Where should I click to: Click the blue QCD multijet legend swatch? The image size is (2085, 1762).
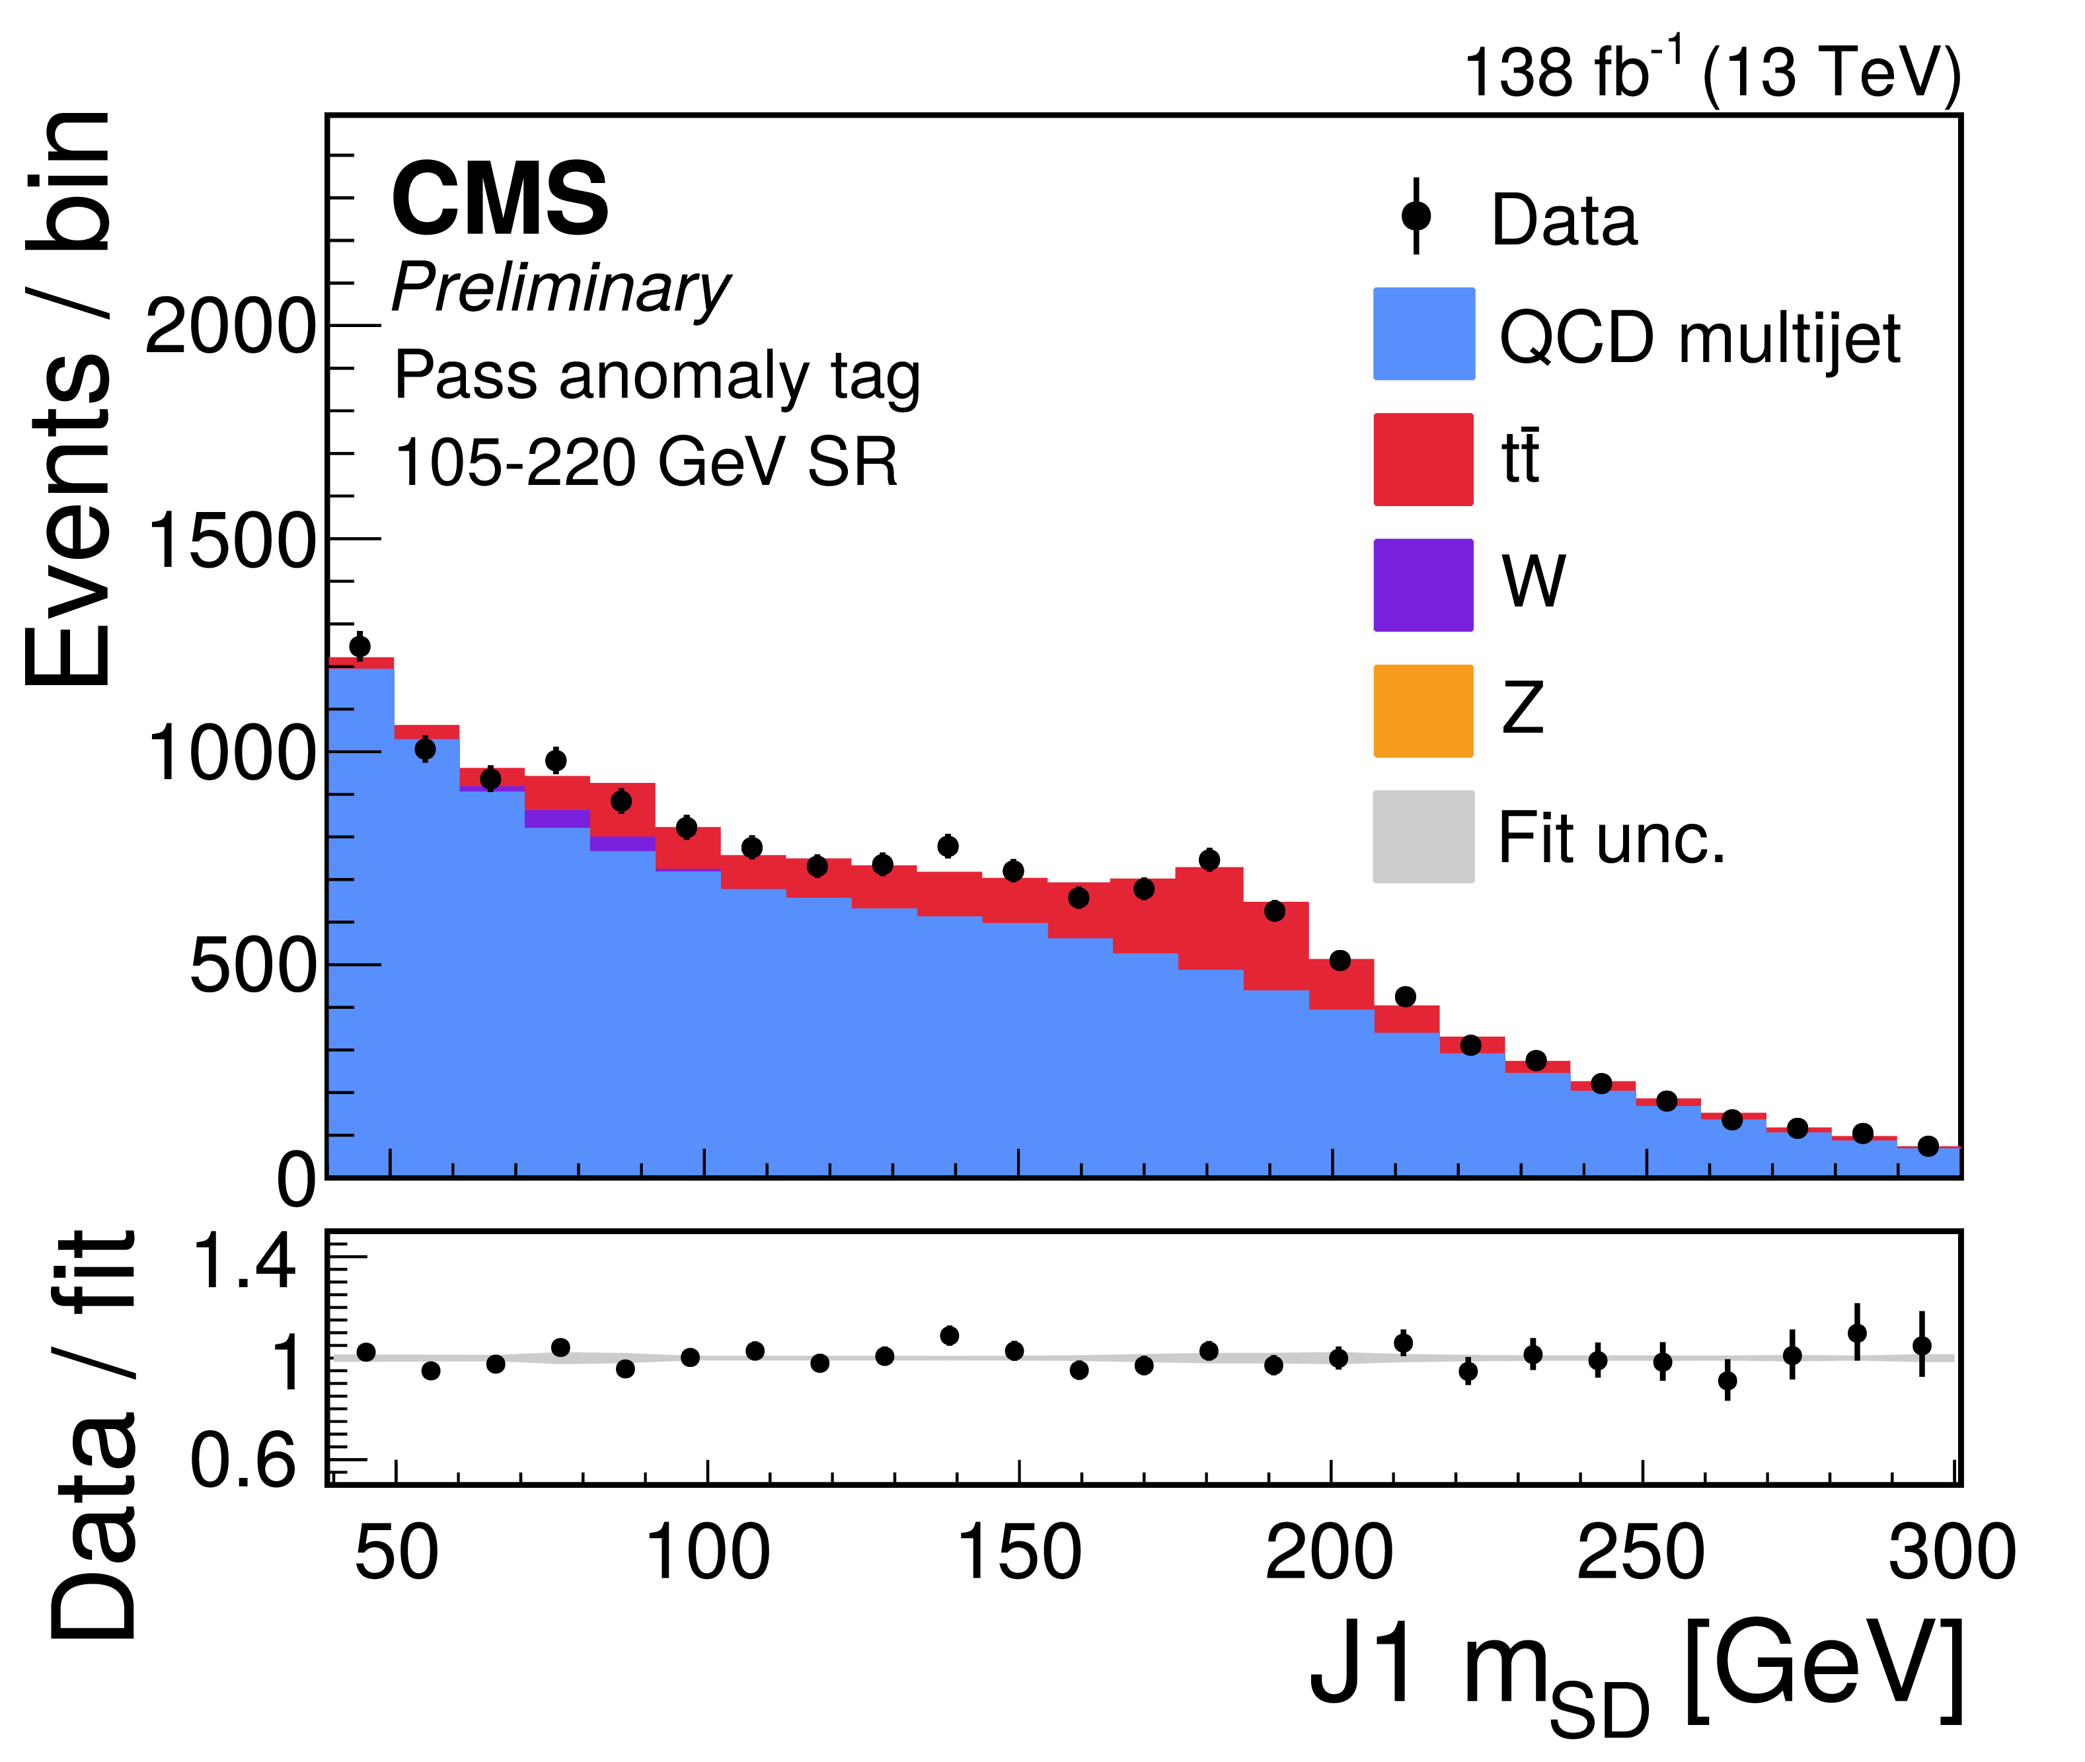pyautogui.click(x=1423, y=334)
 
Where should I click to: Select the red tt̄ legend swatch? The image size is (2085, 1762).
pyautogui.click(x=1423, y=459)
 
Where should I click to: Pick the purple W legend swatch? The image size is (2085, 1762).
pyautogui.click(x=1423, y=585)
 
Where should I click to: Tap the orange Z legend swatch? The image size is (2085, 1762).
pyautogui.click(x=1423, y=710)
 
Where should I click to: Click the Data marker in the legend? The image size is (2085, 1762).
pyautogui.click(x=1416, y=216)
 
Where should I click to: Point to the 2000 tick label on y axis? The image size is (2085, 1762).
pyautogui.click(x=231, y=326)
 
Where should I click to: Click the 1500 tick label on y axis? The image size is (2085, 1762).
pyautogui.click(x=231, y=540)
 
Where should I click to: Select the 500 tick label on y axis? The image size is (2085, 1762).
pyautogui.click(x=252, y=967)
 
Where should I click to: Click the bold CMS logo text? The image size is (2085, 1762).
pyautogui.click(x=500, y=199)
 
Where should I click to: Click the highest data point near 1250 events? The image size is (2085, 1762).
pyautogui.click(x=360, y=646)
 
